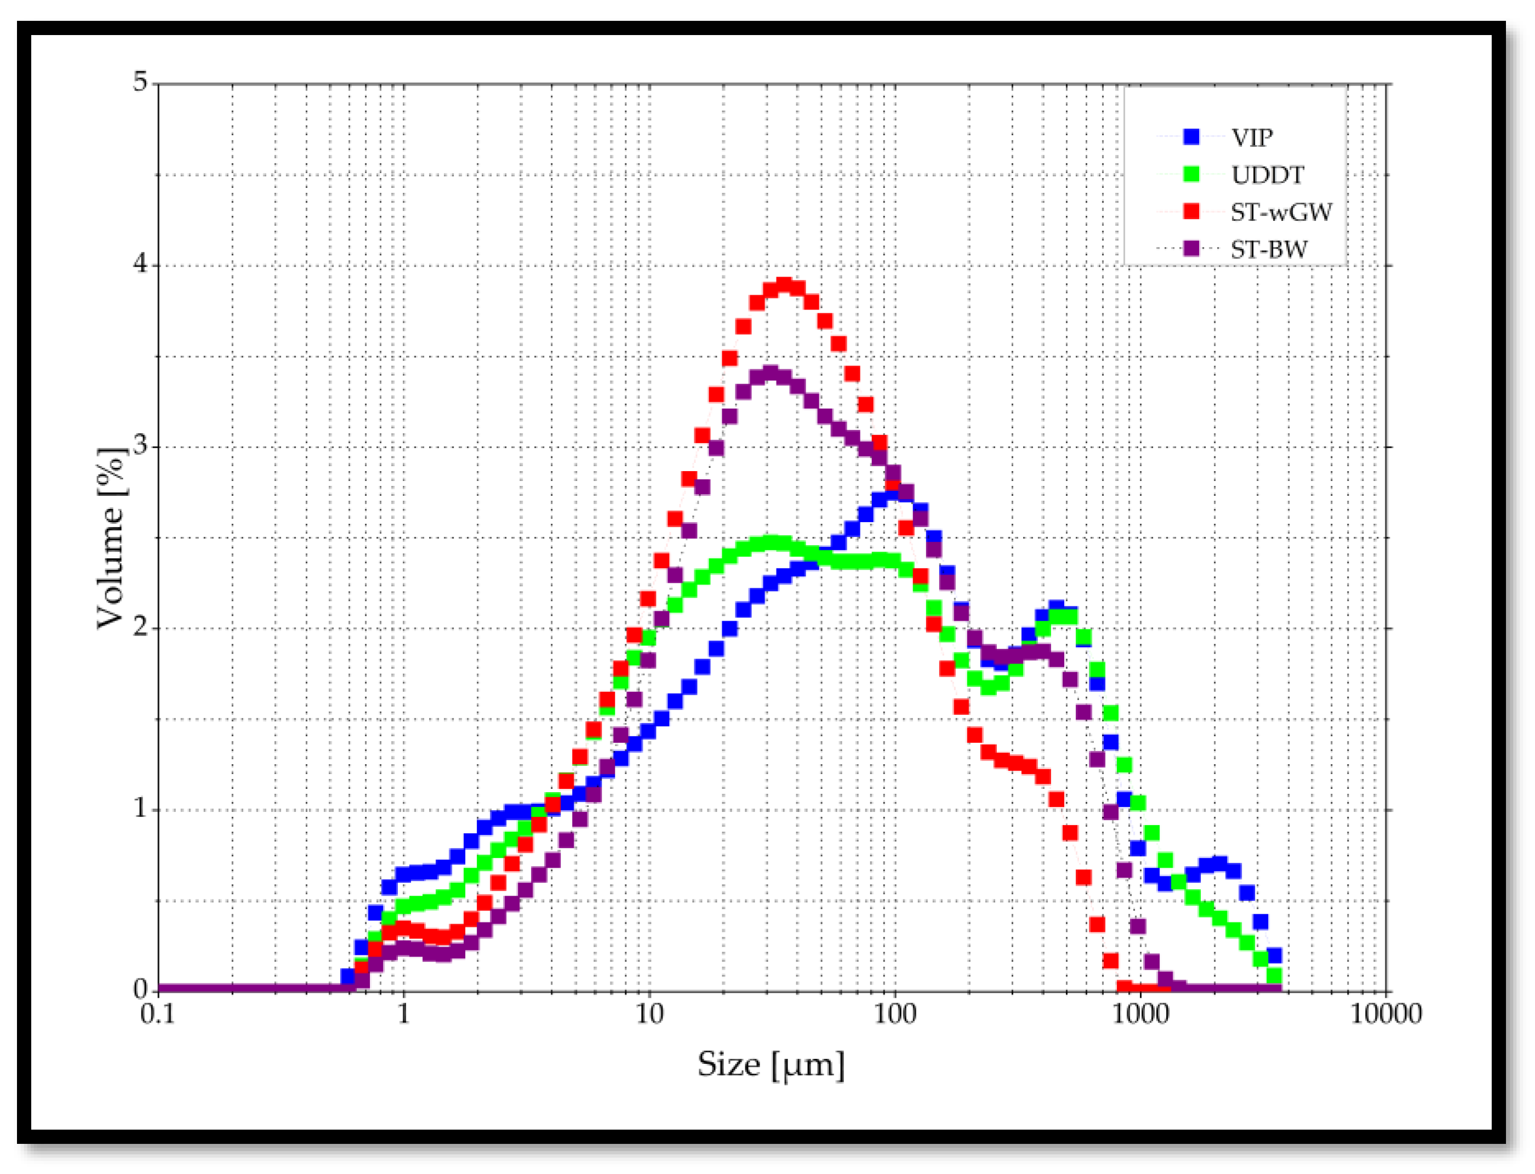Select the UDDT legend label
point(1267,175)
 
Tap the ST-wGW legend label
point(1281,212)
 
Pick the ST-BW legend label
point(1269,249)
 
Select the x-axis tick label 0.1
point(158,1015)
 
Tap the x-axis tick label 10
point(649,1015)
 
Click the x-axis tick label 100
point(895,1015)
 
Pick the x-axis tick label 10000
point(1385,1015)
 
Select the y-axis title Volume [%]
point(112,538)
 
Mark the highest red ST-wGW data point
point(784,285)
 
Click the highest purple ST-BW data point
point(771,373)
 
